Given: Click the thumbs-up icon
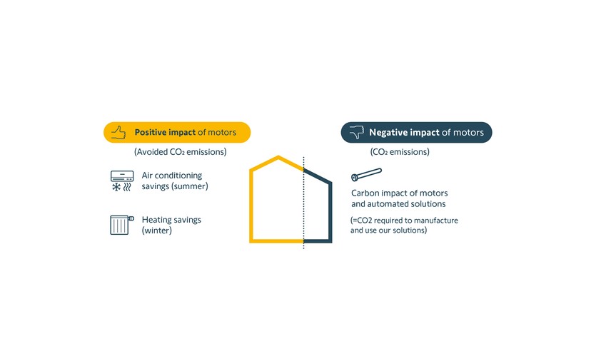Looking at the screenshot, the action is click(118, 132).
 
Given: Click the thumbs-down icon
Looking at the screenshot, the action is click(357, 132).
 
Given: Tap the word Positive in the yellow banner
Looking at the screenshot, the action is click(150, 132).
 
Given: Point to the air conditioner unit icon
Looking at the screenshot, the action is click(122, 176).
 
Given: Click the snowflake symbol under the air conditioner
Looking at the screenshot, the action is click(116, 186).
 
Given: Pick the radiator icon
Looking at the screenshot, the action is click(121, 225).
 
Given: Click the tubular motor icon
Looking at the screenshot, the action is click(366, 174).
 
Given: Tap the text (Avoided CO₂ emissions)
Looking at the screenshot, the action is click(180, 152).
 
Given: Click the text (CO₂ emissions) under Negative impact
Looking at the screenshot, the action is click(400, 152).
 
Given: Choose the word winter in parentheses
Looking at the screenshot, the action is click(156, 231).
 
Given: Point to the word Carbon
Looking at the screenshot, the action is click(365, 193).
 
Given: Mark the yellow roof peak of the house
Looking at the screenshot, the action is click(278, 156).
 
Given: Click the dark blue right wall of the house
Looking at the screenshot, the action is click(330, 212).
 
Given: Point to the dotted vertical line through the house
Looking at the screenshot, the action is click(303, 203).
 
